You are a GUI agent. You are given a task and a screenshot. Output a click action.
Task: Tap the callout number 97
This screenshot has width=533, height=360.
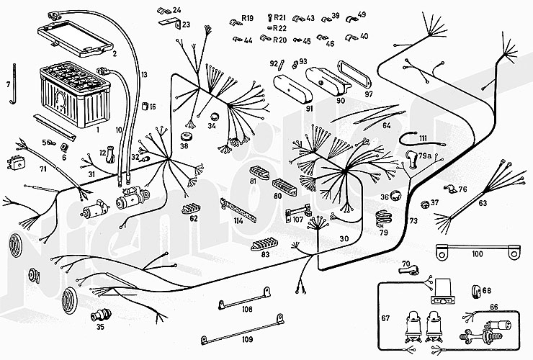369,94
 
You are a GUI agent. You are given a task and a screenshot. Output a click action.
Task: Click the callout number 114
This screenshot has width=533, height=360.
238,220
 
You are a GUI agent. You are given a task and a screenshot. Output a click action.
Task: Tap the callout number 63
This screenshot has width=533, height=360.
483,204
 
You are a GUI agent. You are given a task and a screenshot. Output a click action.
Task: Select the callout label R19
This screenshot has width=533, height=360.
247,17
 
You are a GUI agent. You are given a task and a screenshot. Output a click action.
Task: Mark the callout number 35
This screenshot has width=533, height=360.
100,327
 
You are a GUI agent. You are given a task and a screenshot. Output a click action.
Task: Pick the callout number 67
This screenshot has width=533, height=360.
385,318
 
